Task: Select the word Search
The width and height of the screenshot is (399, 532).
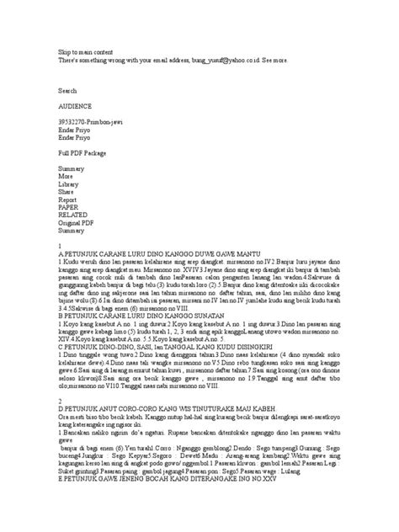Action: point(67,88)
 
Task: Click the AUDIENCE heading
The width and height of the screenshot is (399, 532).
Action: point(74,107)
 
